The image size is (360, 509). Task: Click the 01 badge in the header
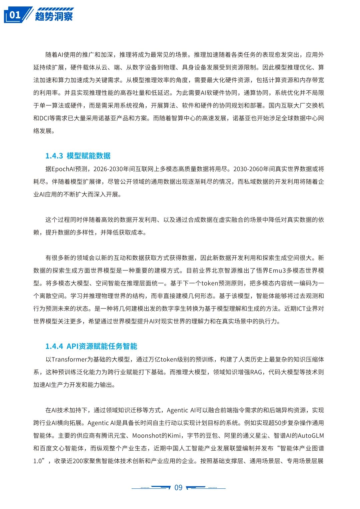15,15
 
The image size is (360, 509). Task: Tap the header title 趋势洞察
54,16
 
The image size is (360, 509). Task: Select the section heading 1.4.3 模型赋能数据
78,156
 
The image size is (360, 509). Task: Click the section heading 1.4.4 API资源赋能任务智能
91,346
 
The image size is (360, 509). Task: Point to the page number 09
179,488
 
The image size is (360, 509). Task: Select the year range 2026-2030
108,169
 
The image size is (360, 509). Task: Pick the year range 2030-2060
248,169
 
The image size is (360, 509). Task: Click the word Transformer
69,359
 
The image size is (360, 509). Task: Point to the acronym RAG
256,372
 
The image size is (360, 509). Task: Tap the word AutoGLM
311,436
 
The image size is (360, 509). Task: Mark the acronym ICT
301,309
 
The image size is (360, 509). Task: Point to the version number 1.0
38,461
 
